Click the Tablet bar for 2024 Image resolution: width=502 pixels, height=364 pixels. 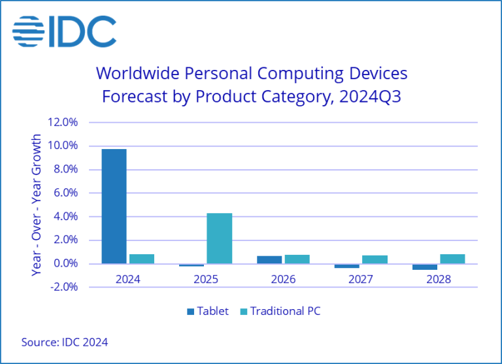114,206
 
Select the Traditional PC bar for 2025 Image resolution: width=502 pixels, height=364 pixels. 219,239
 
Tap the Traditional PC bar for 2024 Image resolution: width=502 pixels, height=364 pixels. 141,259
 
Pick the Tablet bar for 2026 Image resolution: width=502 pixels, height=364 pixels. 269,259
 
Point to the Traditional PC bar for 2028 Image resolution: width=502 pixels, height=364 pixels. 452,259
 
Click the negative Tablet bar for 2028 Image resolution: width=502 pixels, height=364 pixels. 425,267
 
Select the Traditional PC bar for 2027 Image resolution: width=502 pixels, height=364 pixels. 375,259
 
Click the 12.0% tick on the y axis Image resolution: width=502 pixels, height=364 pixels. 62,122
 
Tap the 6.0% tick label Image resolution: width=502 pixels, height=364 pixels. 63,193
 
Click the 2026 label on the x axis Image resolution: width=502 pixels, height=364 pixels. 283,279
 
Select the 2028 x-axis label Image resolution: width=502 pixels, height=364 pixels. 439,279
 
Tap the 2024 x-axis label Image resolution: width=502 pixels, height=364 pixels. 127,279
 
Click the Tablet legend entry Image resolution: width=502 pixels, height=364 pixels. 207,311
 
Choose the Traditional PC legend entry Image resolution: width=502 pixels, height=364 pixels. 282,311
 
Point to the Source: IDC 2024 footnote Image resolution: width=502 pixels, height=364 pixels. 65,342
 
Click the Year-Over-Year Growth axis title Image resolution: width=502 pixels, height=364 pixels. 37,205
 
